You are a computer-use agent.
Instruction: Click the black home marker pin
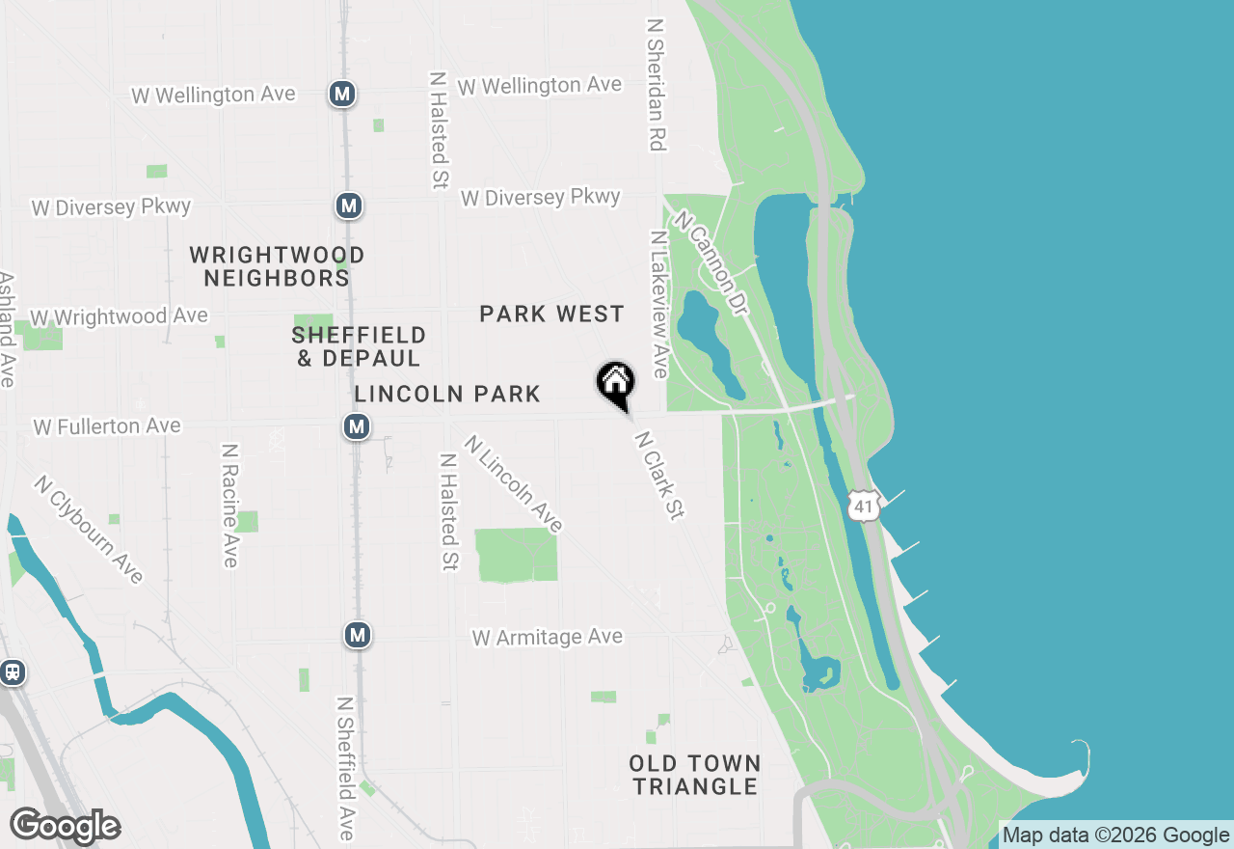(616, 383)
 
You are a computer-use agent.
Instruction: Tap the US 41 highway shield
(865, 506)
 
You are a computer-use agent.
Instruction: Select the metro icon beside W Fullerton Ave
(358, 425)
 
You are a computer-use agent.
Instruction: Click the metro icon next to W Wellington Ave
(342, 94)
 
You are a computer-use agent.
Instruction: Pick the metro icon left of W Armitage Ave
(358, 635)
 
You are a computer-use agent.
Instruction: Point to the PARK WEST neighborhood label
(551, 315)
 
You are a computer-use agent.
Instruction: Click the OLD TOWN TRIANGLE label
(695, 775)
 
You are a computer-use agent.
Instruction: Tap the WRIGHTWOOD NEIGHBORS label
(277, 267)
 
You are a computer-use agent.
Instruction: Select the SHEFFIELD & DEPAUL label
(359, 346)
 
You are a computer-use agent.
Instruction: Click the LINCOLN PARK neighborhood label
(447, 394)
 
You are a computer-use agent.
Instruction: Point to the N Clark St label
(658, 476)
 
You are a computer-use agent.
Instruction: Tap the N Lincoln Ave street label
(513, 483)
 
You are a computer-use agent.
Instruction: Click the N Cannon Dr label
(711, 262)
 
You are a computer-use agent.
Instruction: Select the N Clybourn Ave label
(89, 529)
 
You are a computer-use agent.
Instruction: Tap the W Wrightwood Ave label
(120, 316)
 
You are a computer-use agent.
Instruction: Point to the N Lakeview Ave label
(659, 304)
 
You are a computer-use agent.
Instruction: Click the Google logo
(65, 826)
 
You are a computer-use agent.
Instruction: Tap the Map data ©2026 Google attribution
(1115, 835)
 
